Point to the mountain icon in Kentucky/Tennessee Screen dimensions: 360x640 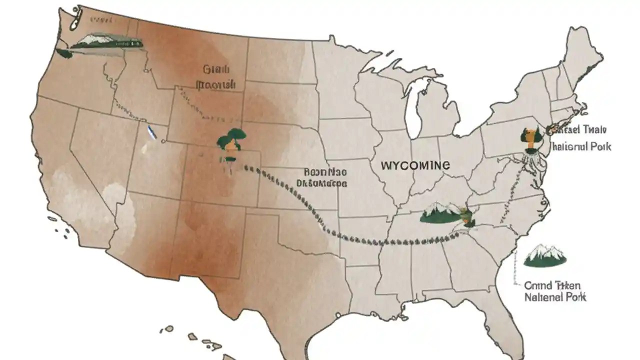[440, 213]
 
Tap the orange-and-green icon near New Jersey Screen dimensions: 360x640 [530, 138]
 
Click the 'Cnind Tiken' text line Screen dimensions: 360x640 [552, 285]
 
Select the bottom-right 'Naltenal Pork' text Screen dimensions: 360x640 [555, 297]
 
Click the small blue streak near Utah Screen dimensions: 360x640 [151, 132]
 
